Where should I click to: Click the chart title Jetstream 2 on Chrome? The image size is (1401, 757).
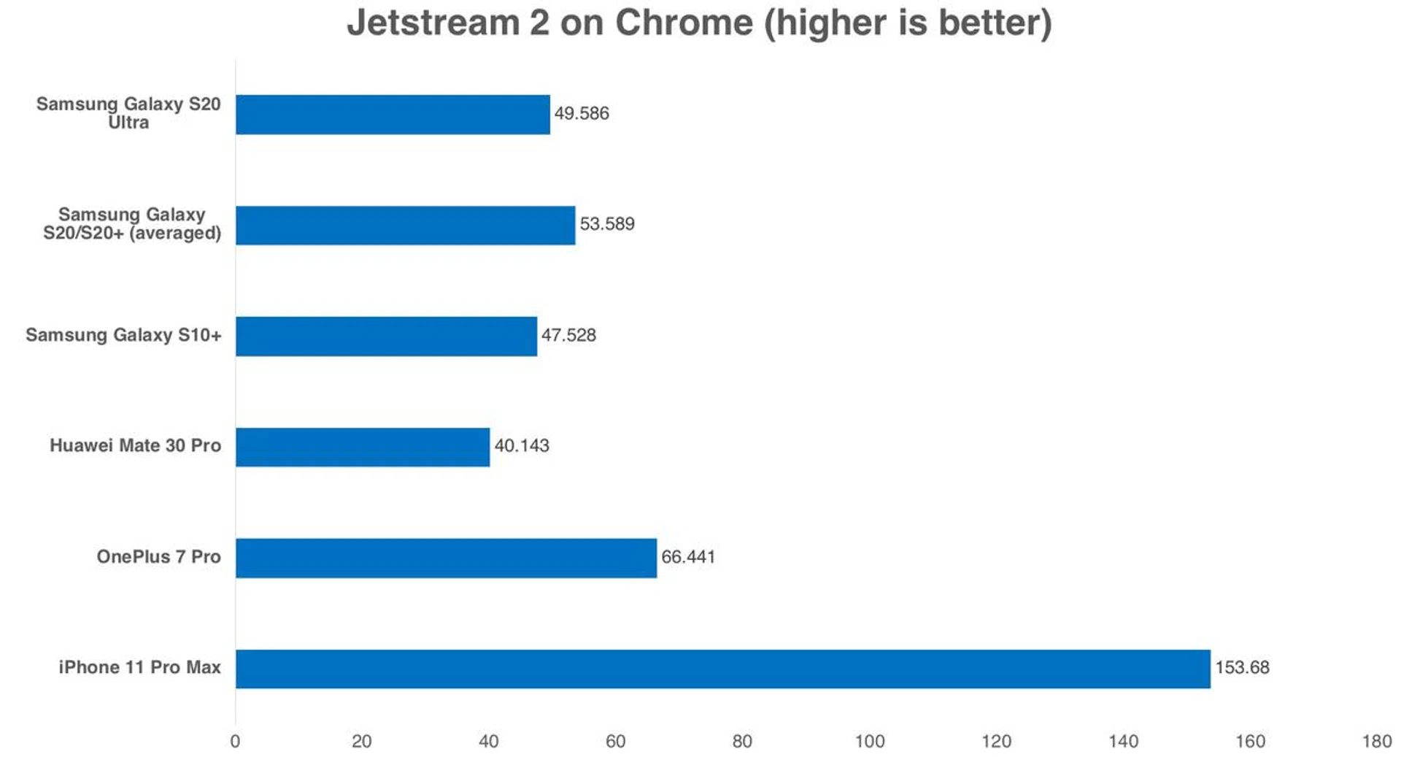[x=699, y=23]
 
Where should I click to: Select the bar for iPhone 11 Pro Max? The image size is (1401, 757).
[x=722, y=669]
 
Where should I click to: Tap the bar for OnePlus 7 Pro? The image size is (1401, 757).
[x=446, y=558]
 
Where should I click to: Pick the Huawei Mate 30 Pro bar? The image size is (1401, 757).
[x=363, y=447]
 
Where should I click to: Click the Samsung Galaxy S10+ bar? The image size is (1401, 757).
[x=386, y=336]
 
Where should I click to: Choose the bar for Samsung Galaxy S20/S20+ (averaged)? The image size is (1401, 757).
[x=405, y=225]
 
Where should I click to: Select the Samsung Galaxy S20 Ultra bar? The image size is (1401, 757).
[x=393, y=114]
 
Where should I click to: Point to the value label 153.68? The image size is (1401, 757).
[x=1242, y=667]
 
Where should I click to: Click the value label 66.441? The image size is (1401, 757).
[x=688, y=557]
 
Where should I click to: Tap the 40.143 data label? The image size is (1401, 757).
[x=522, y=445]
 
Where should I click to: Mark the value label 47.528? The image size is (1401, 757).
[x=568, y=335]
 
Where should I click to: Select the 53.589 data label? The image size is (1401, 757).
[x=607, y=223]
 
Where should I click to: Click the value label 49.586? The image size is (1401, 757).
[x=582, y=113]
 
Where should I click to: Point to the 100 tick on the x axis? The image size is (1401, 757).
[x=869, y=742]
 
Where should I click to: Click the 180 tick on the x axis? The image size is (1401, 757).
[x=1376, y=742]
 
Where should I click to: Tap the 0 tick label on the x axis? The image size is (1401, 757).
[x=235, y=742]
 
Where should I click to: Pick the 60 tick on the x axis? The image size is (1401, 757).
[x=615, y=742]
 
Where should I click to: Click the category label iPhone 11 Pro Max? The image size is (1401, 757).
[x=139, y=667]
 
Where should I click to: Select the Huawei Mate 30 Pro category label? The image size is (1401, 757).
[x=135, y=445]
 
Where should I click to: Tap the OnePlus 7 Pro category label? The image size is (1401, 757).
[x=158, y=556]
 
